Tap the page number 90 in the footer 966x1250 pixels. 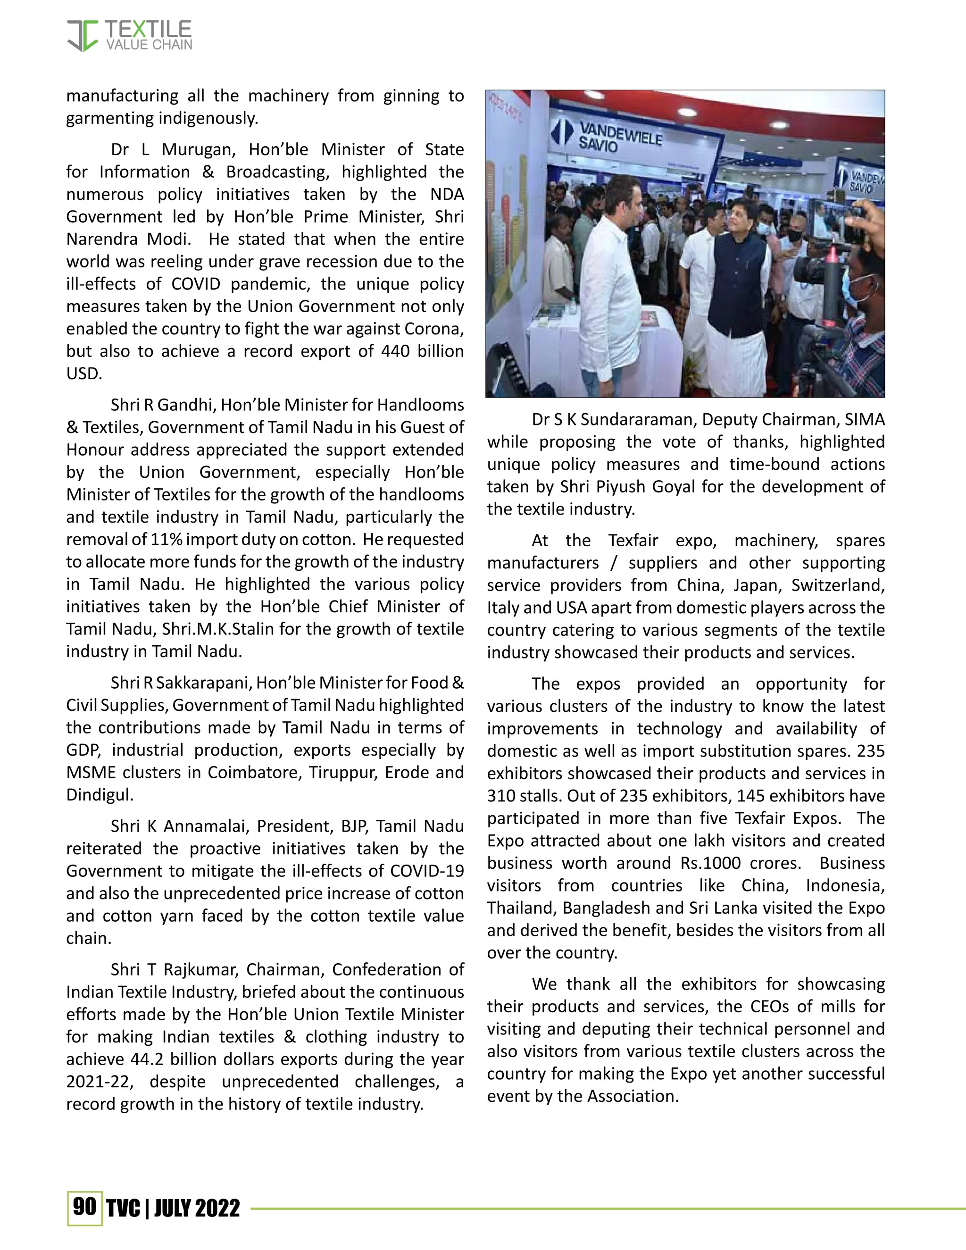tap(85, 1207)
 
